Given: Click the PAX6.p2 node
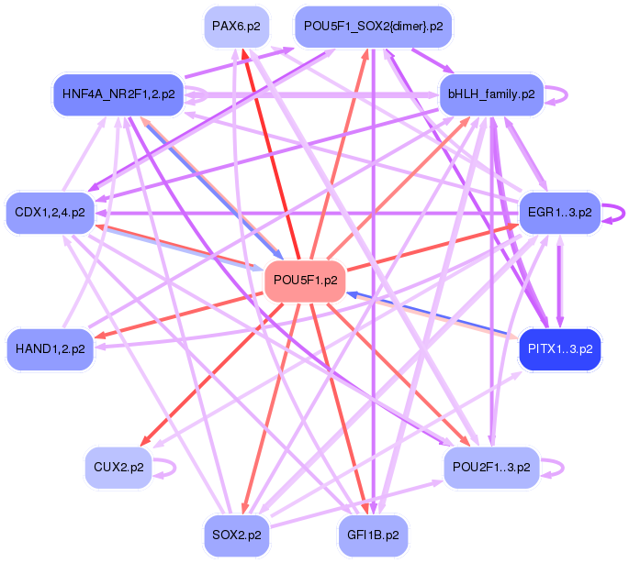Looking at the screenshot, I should point(237,27).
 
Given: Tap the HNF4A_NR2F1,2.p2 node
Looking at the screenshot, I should point(118,94).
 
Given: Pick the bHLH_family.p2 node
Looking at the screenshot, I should point(491,94).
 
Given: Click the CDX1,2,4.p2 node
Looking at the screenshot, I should point(50,213).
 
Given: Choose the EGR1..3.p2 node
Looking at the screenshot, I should point(560,213).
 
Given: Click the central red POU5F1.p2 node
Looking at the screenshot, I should point(304,281).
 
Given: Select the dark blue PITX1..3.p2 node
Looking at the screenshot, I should point(560,349).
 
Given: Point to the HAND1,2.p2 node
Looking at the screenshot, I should point(50,349).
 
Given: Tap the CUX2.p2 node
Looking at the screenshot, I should point(118,468).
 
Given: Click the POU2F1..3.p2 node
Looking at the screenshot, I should point(491,468).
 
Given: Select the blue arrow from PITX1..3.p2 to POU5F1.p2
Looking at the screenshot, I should point(432,314).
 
